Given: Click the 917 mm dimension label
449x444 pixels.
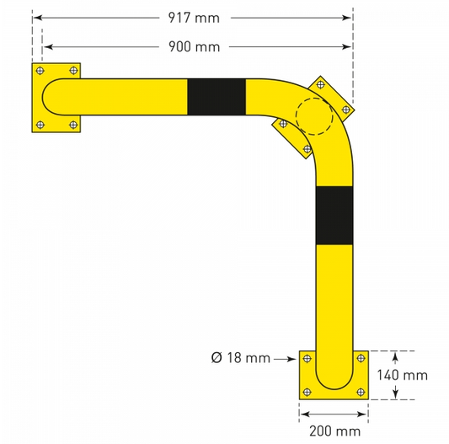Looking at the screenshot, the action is (194, 18).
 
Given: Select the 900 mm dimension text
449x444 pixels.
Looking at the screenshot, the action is (194, 46).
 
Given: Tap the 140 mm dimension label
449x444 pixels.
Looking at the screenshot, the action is (402, 375).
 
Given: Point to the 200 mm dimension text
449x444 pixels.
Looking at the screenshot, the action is (334, 431).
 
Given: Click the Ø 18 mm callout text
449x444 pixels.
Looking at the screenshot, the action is (241, 358).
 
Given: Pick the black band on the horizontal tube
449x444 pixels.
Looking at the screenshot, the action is (216, 97).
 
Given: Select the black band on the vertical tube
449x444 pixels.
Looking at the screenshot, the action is (334, 216).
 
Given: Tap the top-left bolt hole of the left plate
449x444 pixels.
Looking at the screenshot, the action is (40, 71).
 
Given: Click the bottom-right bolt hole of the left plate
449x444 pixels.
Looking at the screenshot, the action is (73, 125).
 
